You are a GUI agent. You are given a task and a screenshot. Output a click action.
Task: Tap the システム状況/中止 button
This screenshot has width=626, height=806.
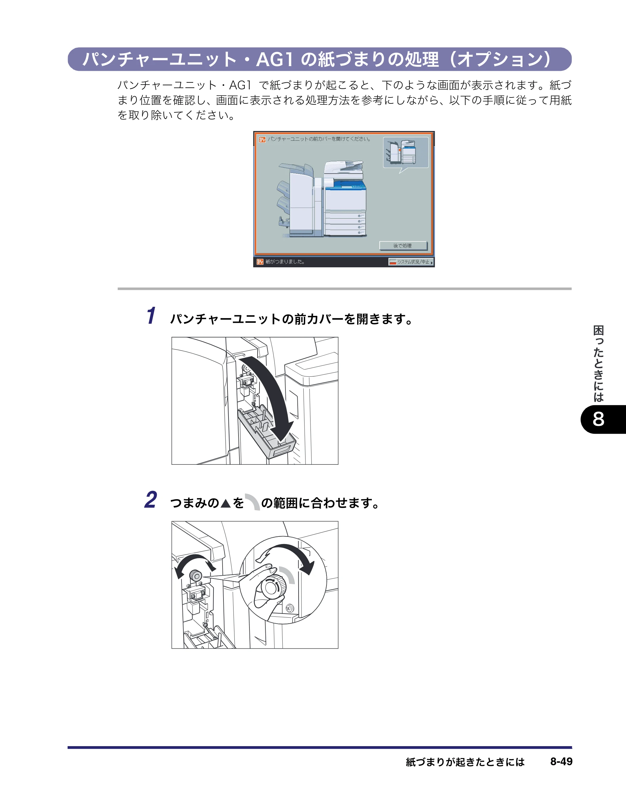[411, 262]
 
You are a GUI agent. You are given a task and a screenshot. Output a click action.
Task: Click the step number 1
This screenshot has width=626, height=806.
[151, 316]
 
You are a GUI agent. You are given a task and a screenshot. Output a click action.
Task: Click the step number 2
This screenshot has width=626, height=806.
[151, 500]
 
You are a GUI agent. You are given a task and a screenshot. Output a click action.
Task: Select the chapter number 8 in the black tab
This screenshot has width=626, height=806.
[598, 419]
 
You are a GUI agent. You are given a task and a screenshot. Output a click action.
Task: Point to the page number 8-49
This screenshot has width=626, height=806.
[561, 762]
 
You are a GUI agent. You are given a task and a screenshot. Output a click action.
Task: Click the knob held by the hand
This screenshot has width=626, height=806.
[273, 587]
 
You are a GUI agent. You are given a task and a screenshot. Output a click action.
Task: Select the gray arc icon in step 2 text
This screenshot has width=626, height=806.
[253, 502]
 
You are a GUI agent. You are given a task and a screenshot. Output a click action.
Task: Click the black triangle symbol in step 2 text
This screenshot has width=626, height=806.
[225, 503]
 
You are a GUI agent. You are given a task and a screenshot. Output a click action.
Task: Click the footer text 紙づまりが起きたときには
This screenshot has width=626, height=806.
[465, 762]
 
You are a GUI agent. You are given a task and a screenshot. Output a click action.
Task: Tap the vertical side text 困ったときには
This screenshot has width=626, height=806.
[598, 364]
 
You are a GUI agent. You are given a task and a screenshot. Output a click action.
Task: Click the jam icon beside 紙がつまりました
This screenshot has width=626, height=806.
[260, 262]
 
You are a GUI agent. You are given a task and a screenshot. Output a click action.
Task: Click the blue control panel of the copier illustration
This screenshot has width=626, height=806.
[346, 185]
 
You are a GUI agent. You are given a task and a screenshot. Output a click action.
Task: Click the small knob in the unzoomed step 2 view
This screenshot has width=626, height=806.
[195, 575]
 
